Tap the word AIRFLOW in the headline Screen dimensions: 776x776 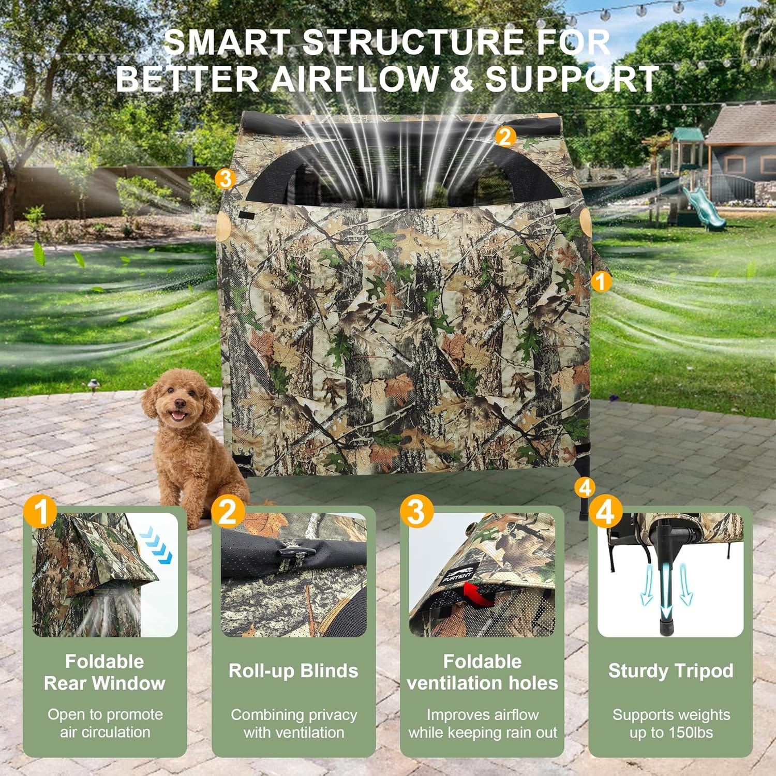[x=354, y=79]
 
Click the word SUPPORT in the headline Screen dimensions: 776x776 [x=572, y=79]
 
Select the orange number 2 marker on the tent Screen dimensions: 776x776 [x=505, y=137]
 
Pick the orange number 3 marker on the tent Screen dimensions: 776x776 [x=225, y=180]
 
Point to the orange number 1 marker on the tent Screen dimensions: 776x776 [x=601, y=282]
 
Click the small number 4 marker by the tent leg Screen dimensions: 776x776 [x=585, y=487]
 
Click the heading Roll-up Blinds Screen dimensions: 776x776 [x=293, y=670]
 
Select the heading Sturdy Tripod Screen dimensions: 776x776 [x=670, y=670]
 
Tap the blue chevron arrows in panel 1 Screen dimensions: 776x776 [x=159, y=545]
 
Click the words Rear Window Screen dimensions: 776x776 [x=105, y=683]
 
